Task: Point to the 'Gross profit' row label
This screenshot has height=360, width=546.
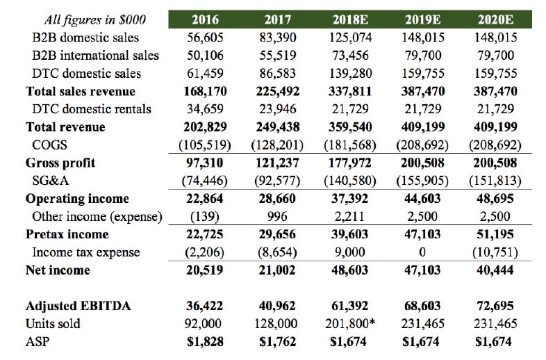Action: coord(60,163)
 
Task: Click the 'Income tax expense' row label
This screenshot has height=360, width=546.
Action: coord(86,252)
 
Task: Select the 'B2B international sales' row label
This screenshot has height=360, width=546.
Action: coord(95,55)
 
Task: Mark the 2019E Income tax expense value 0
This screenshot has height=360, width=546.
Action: coord(423,252)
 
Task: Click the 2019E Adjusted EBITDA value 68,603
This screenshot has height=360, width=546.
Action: coord(423,306)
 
